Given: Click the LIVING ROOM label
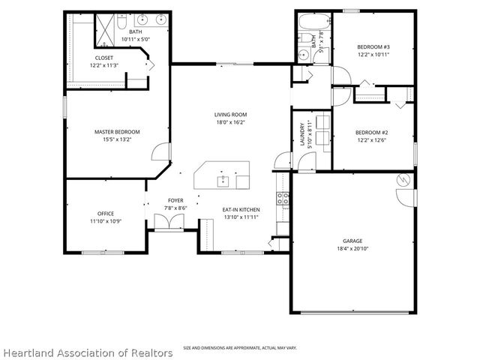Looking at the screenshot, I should pos(230,114).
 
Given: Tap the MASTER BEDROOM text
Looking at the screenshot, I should pos(117,132).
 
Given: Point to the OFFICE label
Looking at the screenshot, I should pos(105,214).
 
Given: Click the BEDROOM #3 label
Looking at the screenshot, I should pos(373,46).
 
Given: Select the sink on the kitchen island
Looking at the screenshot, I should pos(223,180).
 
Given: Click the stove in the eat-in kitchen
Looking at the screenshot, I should pos(283,199).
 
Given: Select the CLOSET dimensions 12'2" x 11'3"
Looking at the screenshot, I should pos(104,65).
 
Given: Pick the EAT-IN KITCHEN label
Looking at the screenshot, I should pos(240,209).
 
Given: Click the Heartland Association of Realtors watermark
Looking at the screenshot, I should pos(87,352).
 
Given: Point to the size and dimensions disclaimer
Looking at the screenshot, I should pos(239,348).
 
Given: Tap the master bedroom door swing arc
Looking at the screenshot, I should pos(160,153).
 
